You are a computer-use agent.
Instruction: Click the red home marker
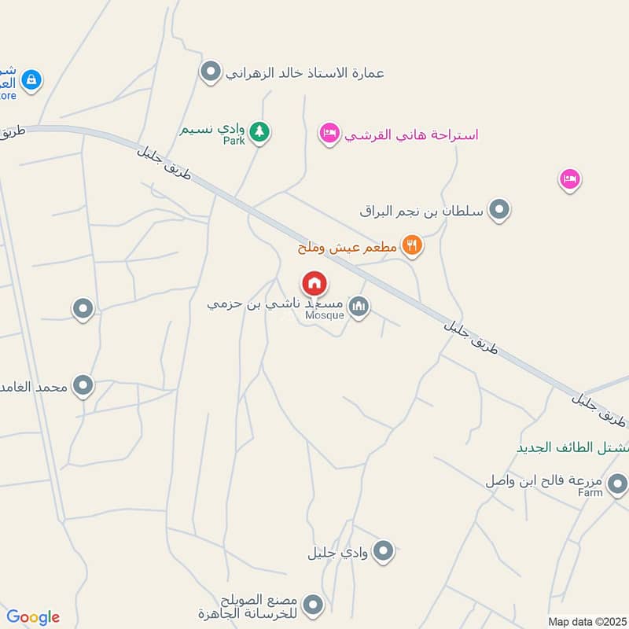[314, 283]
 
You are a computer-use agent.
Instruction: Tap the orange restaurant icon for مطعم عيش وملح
[412, 246]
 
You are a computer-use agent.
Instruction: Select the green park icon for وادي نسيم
[260, 131]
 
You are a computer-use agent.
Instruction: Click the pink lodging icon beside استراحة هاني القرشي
[329, 133]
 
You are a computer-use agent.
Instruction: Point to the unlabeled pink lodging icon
[570, 179]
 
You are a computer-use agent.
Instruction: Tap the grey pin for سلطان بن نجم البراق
[499, 210]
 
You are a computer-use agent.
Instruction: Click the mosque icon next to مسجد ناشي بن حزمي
[359, 306]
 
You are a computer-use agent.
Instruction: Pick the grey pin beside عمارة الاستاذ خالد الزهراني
[210, 73]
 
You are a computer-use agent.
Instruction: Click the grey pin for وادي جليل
[383, 551]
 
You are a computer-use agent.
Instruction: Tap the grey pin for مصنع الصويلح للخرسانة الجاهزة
[314, 604]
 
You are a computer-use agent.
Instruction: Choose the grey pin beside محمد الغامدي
[83, 385]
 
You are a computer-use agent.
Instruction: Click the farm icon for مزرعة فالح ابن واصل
[618, 482]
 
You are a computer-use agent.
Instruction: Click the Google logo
[33, 617]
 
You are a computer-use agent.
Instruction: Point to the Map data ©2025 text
[586, 621]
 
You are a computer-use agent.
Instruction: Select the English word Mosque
[324, 315]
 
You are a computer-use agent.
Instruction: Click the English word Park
[234, 141]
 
